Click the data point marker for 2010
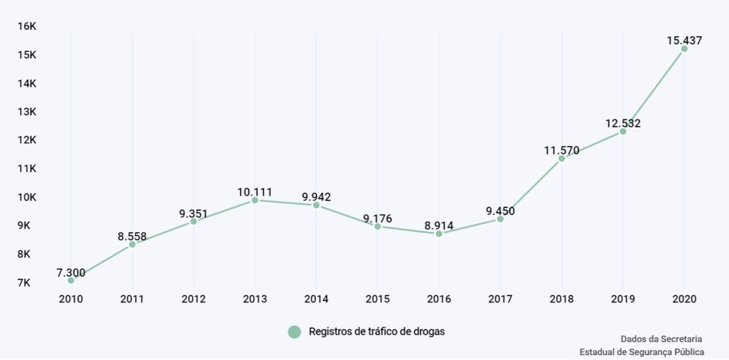point(71,280)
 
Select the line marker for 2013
point(255,201)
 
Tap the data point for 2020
point(684,49)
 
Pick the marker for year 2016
point(439,233)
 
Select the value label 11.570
point(562,150)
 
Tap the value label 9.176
point(378,218)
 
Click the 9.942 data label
point(316,197)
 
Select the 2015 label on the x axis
point(378,300)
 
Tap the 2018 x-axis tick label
point(562,300)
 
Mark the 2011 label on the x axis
point(132,300)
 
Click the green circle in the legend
point(295,332)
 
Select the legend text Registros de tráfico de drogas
point(377,332)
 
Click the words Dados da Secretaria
point(662,339)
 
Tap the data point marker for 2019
point(623,132)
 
